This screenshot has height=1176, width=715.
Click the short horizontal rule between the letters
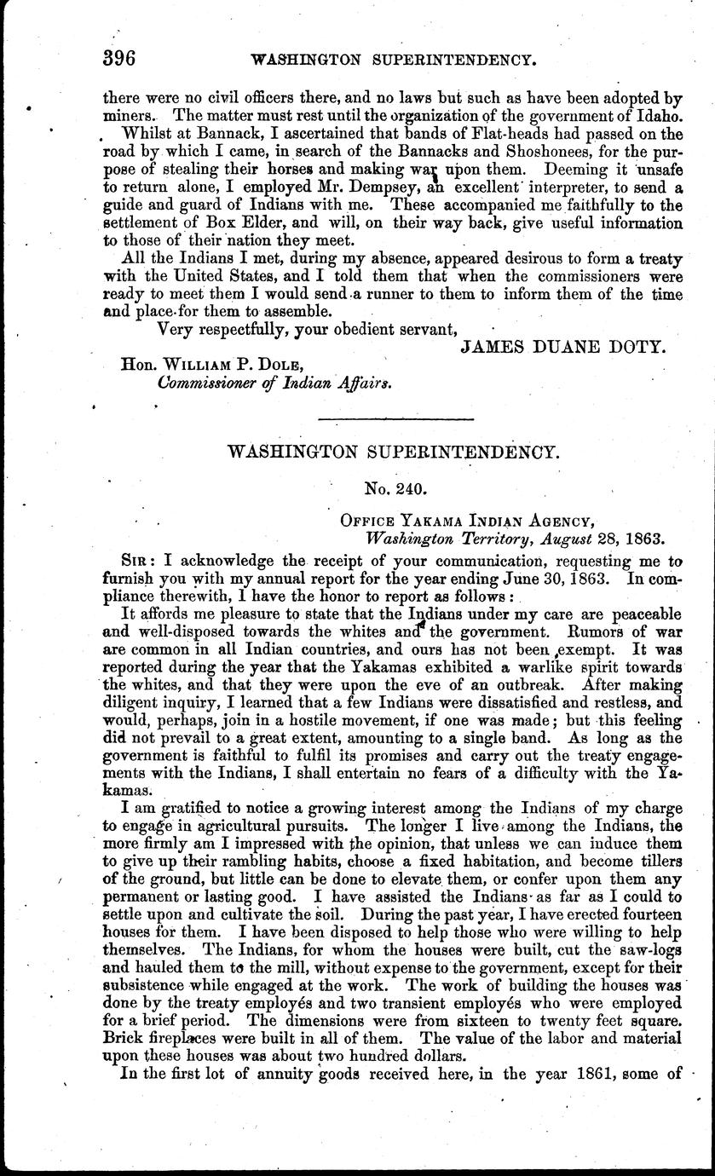pos(395,418)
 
